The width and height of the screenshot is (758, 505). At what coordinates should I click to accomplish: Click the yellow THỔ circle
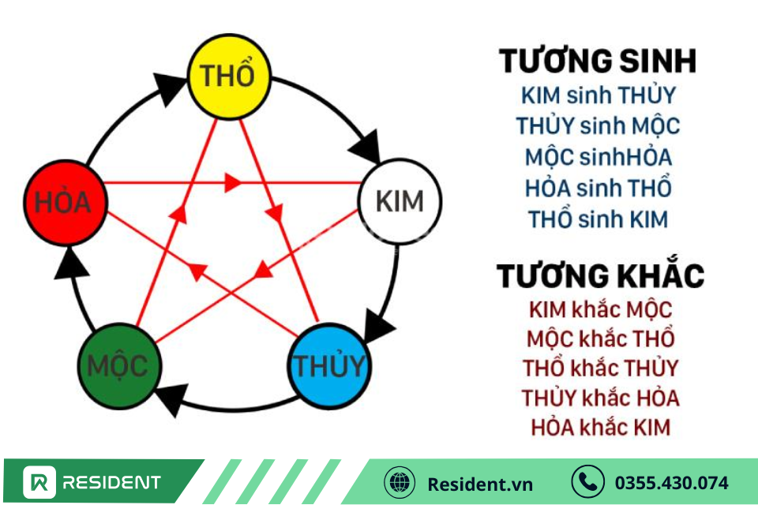[229, 77]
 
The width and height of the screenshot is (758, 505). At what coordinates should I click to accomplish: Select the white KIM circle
[400, 201]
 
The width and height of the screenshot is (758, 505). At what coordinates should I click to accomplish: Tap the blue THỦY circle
[329, 366]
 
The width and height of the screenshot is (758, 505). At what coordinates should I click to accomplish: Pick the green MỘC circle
[119, 366]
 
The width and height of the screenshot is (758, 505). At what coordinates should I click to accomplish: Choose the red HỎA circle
[66, 203]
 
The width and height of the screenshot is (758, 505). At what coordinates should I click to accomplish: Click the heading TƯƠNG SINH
[598, 62]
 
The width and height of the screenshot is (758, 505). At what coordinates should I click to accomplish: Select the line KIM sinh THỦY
[598, 95]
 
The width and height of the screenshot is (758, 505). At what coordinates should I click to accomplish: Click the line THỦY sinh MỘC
[598, 125]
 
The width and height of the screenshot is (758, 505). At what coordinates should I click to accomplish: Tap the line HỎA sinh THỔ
[598, 188]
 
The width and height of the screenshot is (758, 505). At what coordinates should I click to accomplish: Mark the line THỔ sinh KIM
[598, 219]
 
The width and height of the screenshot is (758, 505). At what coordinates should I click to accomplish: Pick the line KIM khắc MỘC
[600, 310]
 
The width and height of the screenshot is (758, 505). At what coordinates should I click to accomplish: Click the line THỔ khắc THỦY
[600, 368]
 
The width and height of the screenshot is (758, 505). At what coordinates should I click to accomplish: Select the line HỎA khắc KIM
[600, 427]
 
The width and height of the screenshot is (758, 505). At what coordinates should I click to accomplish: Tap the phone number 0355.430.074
[671, 483]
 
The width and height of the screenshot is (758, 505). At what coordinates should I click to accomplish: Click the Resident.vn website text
[480, 484]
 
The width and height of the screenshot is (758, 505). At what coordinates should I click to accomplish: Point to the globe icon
[400, 482]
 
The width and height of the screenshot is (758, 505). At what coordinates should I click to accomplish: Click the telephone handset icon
[587, 482]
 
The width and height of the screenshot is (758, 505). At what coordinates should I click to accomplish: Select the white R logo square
[39, 482]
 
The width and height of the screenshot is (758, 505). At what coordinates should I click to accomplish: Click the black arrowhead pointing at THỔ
[168, 88]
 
